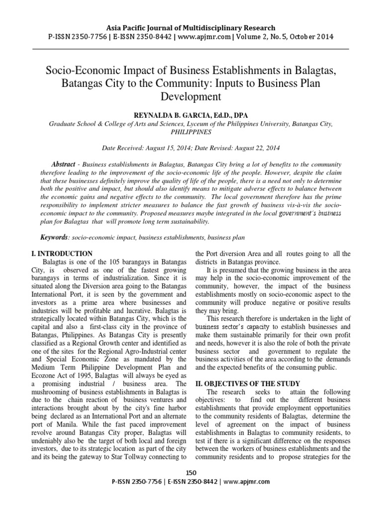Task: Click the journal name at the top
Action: [191, 28]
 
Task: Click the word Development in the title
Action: [191, 96]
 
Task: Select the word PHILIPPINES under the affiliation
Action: [191, 132]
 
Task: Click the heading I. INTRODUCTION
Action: [61, 254]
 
